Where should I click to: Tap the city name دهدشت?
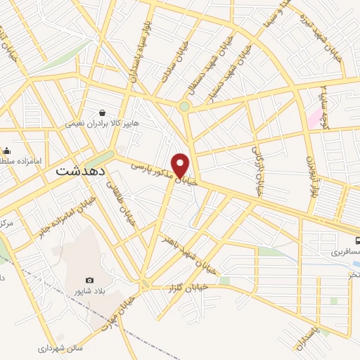click(81, 171)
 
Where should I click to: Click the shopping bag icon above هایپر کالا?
click(103, 112)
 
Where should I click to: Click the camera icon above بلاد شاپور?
click(89, 280)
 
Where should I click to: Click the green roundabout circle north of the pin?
click(184, 107)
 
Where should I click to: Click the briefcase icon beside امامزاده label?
click(6, 150)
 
